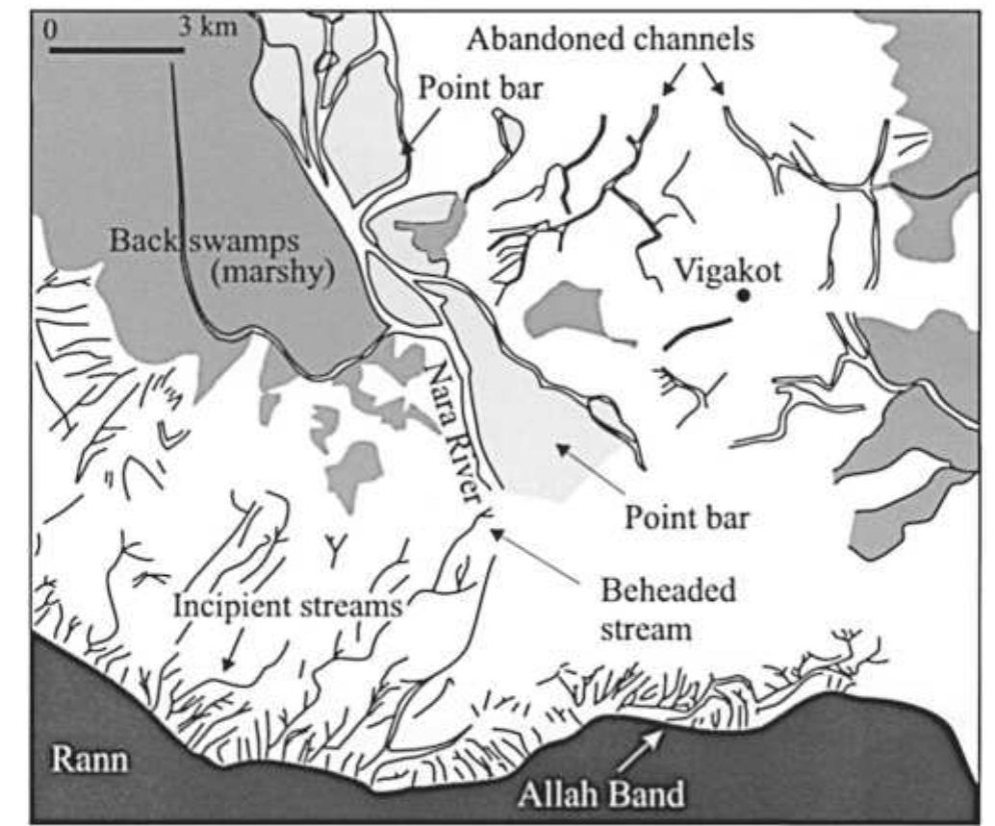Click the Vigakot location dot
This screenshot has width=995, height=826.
[x=743, y=296]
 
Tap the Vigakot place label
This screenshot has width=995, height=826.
[x=727, y=269]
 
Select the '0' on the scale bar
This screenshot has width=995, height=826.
[x=51, y=28]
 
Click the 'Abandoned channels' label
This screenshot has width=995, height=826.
[x=609, y=38]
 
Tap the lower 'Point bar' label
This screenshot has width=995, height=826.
[x=686, y=518]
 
